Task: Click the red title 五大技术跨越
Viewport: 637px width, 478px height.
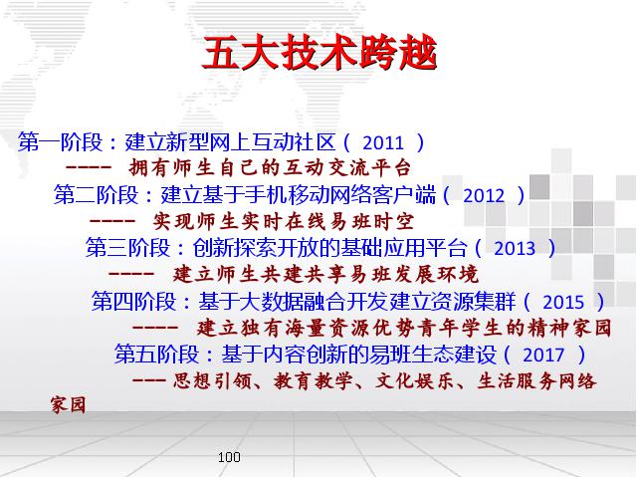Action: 319,53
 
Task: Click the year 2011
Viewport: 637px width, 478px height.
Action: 383,142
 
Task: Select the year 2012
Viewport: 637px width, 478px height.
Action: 484,195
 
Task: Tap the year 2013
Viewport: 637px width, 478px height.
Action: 515,248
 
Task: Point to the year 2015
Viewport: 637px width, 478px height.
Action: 563,302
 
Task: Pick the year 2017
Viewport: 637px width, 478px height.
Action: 543,355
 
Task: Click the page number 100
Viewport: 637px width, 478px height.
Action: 229,457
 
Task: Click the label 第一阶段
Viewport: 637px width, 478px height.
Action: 60,141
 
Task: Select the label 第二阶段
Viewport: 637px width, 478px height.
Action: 96,195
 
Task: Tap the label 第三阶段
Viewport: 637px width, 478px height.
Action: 127,248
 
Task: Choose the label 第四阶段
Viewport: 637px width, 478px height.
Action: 133,301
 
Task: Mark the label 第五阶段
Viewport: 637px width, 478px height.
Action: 156,355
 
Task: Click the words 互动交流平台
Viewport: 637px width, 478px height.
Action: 347,168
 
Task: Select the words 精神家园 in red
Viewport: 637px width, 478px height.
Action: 569,329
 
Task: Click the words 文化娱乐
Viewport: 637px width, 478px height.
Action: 414,381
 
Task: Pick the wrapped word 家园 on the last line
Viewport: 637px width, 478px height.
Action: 69,405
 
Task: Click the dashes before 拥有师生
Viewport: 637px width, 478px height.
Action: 89,167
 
